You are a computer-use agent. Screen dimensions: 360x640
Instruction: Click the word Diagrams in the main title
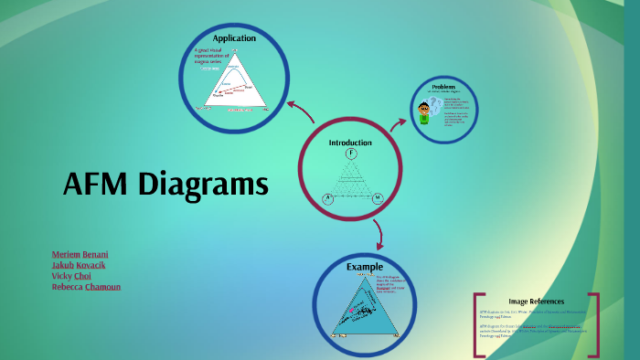pos(204,186)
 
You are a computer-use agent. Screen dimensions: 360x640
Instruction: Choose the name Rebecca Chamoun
pos(86,287)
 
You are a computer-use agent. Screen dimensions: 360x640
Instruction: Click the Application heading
pos(234,38)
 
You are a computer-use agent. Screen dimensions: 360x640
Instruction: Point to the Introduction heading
pos(350,143)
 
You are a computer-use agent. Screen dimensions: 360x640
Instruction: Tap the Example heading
pos(364,267)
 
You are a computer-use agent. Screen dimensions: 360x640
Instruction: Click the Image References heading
pos(537,302)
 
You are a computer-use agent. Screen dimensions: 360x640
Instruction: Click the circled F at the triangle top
pos(351,153)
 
